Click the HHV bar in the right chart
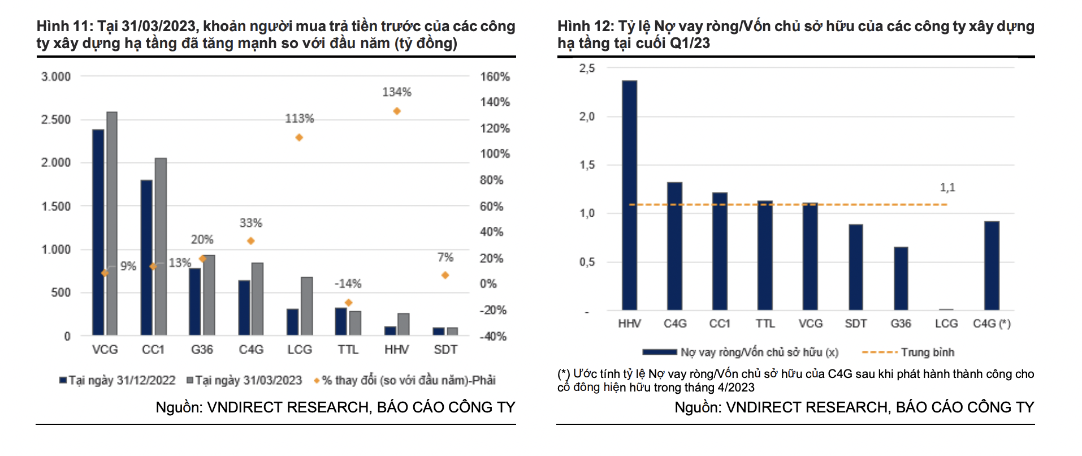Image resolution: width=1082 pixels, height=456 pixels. (x=629, y=195)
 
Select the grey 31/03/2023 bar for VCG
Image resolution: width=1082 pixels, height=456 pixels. (x=112, y=223)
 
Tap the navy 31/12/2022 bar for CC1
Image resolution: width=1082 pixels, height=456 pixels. (x=146, y=257)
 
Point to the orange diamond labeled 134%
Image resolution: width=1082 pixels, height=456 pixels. (x=397, y=111)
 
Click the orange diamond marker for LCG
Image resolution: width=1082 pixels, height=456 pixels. (x=299, y=137)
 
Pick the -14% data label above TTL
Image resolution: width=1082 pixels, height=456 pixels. (x=348, y=283)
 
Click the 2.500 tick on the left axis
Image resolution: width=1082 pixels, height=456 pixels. (x=56, y=119)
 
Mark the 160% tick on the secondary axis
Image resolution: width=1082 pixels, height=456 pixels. (x=495, y=76)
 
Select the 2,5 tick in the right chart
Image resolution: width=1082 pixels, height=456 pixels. (x=587, y=68)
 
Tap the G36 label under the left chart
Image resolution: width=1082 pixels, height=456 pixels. (x=202, y=350)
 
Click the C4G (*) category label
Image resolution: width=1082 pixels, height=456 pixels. (x=992, y=324)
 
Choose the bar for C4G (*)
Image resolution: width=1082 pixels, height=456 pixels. (x=992, y=266)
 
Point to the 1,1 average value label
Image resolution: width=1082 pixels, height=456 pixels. (x=947, y=187)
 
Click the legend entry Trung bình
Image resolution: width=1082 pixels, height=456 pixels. (x=927, y=352)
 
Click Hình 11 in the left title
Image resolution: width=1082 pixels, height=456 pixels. (x=60, y=26)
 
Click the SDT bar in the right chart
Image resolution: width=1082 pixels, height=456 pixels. (x=855, y=267)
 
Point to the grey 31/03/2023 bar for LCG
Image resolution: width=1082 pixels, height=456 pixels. (x=307, y=306)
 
